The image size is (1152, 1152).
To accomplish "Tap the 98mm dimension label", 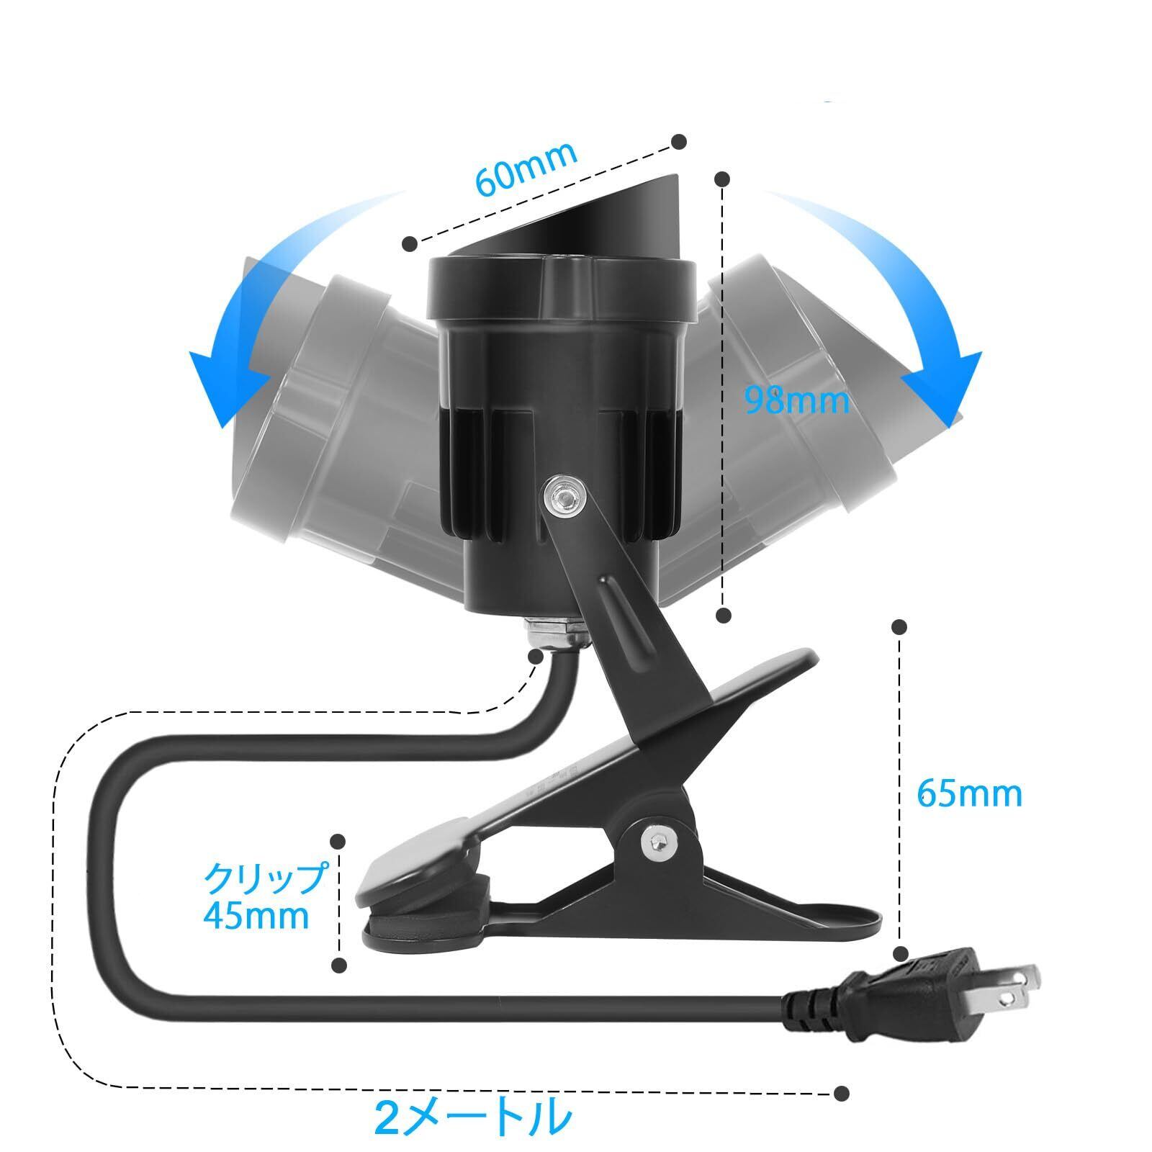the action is pyautogui.click(x=796, y=400).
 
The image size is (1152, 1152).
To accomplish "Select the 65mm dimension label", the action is pyautogui.click(x=969, y=793).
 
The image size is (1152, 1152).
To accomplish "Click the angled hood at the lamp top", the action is pyautogui.click(x=576, y=216).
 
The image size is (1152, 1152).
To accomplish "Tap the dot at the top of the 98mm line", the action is pyautogui.click(x=724, y=178).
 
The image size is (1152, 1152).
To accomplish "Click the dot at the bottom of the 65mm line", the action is pyautogui.click(x=899, y=954).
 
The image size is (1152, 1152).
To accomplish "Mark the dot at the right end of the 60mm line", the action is pyautogui.click(x=678, y=141).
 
